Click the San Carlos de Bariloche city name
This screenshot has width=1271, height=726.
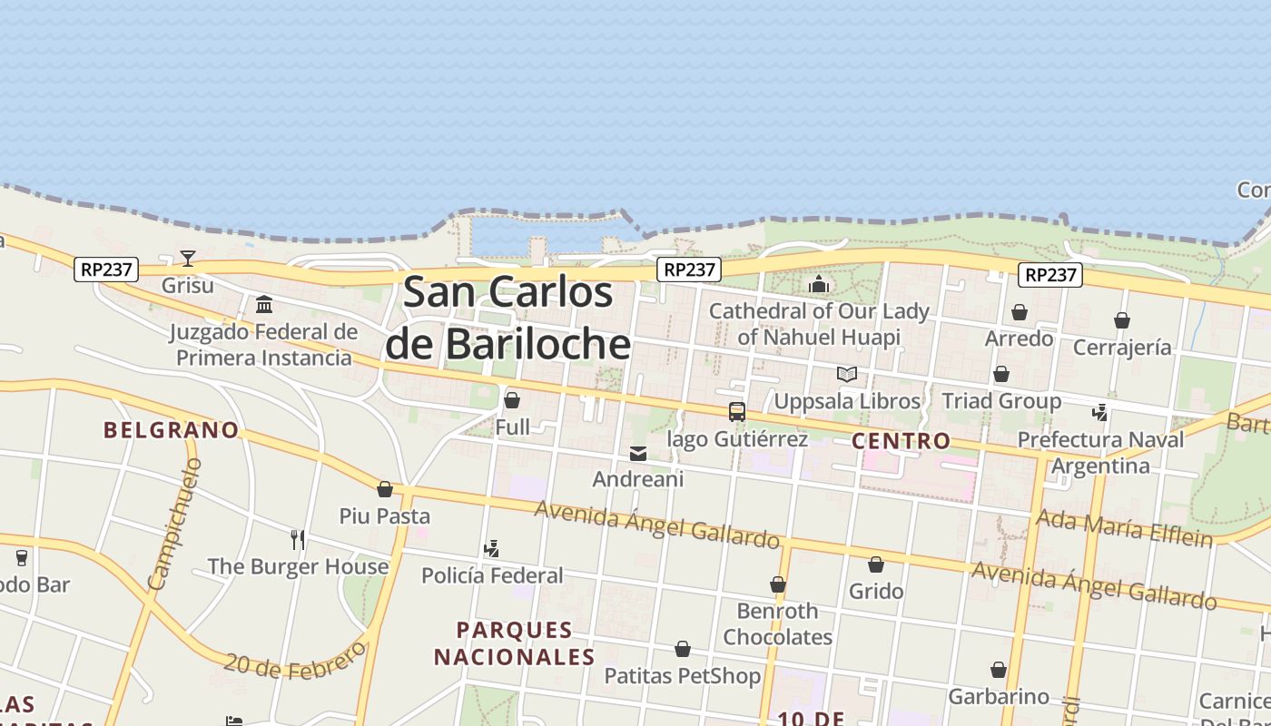pos(508,318)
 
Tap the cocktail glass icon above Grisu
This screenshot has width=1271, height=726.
pos(188,259)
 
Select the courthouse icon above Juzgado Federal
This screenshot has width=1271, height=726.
pos(264,304)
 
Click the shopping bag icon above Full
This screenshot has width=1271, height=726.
pos(512,400)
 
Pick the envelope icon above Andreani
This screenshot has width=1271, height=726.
pos(638,453)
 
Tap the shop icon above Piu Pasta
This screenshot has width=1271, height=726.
pos(385,489)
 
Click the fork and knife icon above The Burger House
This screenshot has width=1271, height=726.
pos(298,540)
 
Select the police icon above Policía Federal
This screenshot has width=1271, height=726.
pos(491,548)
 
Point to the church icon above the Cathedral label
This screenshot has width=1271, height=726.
pos(819,284)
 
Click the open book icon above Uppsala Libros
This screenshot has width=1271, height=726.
pos(847,374)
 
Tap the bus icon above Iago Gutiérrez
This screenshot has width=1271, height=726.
pos(737,412)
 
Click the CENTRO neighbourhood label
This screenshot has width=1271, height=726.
pos(902,441)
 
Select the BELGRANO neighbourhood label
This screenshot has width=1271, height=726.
pos(172,430)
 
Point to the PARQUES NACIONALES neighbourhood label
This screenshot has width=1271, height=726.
pos(515,643)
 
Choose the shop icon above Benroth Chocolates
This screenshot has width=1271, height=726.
pos(778,584)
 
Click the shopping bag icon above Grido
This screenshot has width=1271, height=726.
pos(876,564)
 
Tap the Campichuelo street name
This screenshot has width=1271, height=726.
pos(175,525)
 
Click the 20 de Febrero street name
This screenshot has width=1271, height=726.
pos(295,660)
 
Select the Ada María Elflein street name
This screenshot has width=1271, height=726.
pos(1124,528)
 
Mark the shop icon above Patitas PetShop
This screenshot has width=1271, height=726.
pos(683,649)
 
